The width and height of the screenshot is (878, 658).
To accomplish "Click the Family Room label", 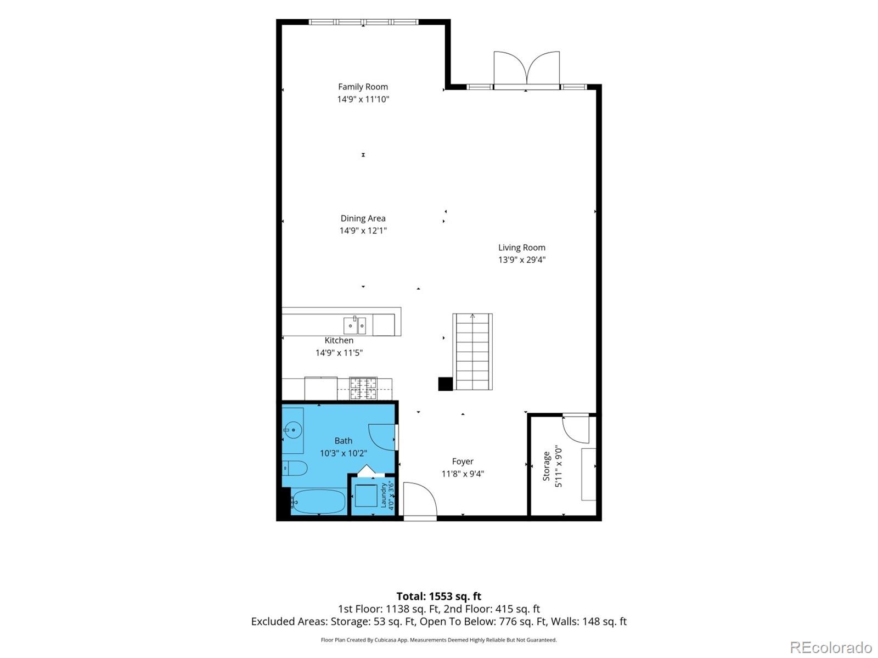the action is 363,87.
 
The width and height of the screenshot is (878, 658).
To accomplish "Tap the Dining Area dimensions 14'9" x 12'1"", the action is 363,230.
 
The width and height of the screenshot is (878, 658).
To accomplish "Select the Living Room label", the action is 522,248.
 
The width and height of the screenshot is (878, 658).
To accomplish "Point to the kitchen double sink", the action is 354,325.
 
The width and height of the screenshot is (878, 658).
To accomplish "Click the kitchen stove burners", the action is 363,388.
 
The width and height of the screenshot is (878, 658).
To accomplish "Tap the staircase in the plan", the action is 472,352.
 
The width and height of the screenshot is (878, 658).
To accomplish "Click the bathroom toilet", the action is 294,468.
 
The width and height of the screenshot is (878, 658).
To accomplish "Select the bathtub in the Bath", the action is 318,502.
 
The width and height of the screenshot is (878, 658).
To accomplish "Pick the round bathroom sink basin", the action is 293,430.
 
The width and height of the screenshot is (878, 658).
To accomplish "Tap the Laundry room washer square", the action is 366,496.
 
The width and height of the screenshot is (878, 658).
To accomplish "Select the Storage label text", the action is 546,466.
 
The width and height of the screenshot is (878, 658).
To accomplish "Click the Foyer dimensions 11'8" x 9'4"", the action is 463,474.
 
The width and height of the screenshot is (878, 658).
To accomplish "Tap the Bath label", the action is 343,441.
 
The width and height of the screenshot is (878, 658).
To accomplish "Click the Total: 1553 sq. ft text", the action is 439,597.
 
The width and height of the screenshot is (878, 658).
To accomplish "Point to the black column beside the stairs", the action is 445,384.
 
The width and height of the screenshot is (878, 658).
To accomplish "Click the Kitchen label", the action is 339,340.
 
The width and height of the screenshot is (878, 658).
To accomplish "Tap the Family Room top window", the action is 363,22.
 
